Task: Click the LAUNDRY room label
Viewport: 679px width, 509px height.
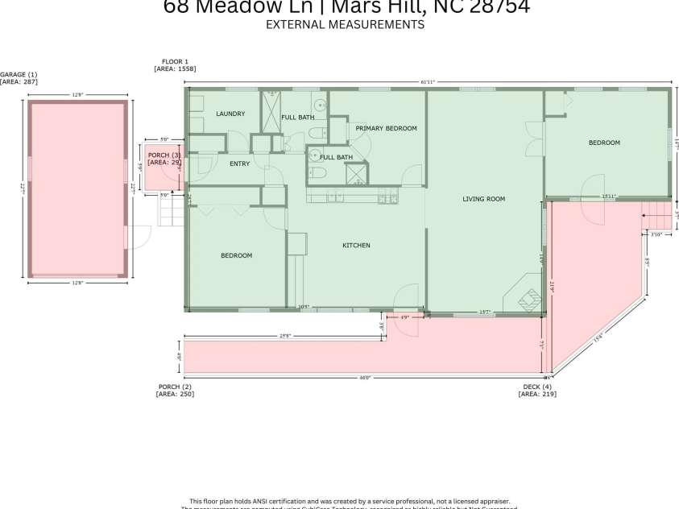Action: point(230,114)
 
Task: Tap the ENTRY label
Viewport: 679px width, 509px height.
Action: point(239,163)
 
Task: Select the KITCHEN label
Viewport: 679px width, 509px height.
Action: point(356,245)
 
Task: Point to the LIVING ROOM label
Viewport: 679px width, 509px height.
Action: point(483,199)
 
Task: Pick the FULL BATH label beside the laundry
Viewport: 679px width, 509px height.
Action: point(297,118)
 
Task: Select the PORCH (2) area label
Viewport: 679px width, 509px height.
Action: point(176,391)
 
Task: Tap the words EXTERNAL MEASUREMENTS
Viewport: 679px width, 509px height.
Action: point(345,25)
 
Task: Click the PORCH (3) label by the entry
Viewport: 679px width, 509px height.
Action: point(164,158)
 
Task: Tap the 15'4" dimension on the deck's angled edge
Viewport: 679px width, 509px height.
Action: point(598,339)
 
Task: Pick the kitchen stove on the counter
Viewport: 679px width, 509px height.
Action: point(387,196)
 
